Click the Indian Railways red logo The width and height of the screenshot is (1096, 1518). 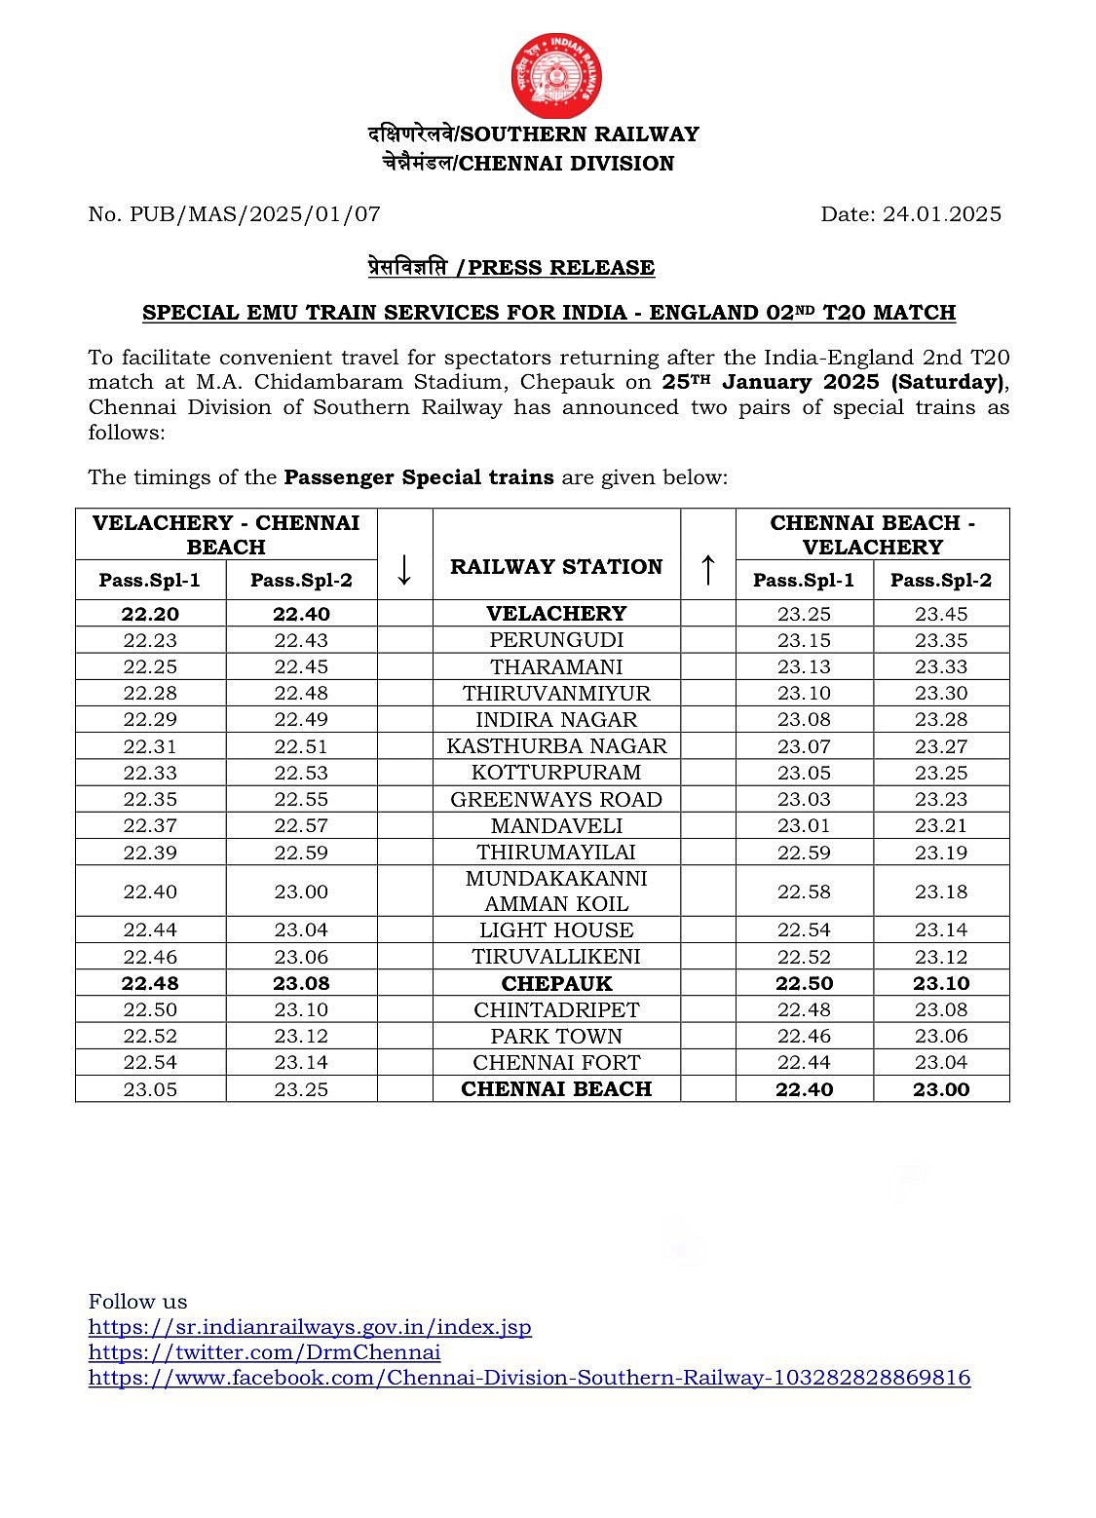555,77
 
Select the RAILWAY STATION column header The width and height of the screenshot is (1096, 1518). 556,567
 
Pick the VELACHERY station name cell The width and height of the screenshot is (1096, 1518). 556,614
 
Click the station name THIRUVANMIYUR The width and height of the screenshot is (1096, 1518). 556,693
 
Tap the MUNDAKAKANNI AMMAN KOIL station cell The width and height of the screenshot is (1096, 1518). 556,891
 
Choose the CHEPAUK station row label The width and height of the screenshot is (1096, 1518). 556,983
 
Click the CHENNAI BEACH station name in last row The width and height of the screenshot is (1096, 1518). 556,1088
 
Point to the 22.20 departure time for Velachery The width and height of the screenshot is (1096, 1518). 150,614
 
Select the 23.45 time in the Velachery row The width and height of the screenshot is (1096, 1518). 941,614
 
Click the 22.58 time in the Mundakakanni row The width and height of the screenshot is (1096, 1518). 804,892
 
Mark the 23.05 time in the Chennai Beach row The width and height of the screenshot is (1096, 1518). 150,1089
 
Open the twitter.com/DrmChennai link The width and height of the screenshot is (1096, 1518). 264,1352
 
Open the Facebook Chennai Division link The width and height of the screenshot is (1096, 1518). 529,1378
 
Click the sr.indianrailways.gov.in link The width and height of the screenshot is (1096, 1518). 310,1327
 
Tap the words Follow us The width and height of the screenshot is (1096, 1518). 137,1302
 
